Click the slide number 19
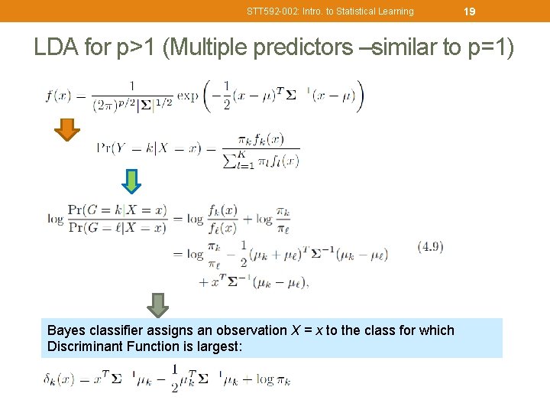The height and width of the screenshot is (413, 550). coord(470,11)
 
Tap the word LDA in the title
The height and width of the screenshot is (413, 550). coord(57,47)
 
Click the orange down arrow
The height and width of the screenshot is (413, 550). coord(68,130)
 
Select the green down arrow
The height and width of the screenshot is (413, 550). coord(132,181)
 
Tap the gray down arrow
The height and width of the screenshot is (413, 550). coord(158,304)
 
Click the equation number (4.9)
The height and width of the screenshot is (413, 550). coord(430,246)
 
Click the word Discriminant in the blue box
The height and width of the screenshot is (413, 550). coord(85,346)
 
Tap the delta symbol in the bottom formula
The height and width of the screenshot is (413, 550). coord(48,379)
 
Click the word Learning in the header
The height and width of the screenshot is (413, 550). coord(396,11)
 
